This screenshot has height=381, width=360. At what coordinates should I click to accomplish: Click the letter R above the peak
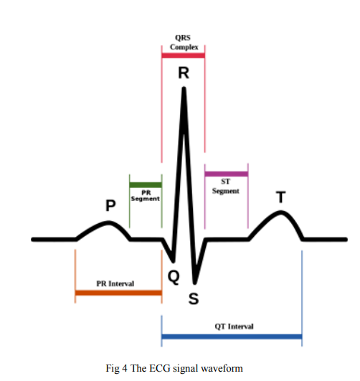pyautogui.click(x=184, y=73)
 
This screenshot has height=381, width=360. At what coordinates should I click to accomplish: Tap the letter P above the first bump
pyautogui.click(x=110, y=205)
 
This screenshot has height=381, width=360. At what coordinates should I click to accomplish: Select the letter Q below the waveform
pyautogui.click(x=174, y=277)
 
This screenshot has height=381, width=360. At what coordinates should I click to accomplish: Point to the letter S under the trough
pyautogui.click(x=194, y=298)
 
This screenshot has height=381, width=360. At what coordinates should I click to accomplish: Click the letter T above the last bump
pyautogui.click(x=281, y=197)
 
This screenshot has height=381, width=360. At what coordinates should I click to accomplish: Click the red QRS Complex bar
pyautogui.click(x=183, y=56)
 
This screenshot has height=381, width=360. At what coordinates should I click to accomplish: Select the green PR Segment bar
pyautogui.click(x=146, y=185)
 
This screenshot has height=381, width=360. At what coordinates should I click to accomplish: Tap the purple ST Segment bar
pyautogui.click(x=226, y=174)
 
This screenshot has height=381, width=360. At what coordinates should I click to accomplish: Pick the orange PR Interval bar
pyautogui.click(x=118, y=293)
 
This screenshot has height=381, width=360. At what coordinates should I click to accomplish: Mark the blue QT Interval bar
pyautogui.click(x=232, y=337)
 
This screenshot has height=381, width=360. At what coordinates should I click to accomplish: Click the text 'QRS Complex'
pyautogui.click(x=184, y=42)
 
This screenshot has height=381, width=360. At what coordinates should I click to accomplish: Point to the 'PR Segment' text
pyautogui.click(x=146, y=196)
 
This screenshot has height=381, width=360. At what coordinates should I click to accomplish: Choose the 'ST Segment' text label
pyautogui.click(x=226, y=187)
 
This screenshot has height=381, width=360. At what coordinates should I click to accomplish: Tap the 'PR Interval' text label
pyautogui.click(x=115, y=283)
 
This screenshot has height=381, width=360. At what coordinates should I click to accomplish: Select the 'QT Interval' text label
pyautogui.click(x=234, y=326)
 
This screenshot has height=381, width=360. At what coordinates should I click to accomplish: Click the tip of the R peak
pyautogui.click(x=184, y=88)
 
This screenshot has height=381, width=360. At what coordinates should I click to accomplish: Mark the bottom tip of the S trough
pyautogui.click(x=194, y=283)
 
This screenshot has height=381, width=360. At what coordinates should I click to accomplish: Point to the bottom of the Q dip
pyautogui.click(x=174, y=261)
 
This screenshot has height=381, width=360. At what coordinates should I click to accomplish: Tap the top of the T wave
pyautogui.click(x=281, y=212)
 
